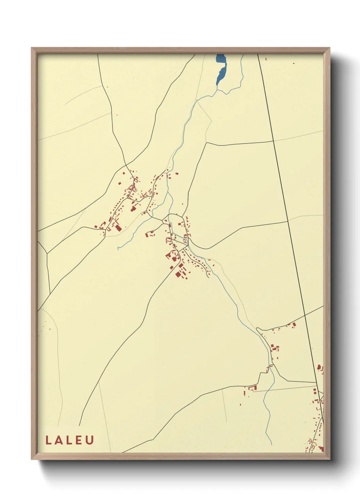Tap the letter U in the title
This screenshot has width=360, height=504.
tap(90, 440)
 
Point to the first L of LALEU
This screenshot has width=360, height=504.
tap(48, 440)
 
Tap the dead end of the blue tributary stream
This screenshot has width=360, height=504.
tap(118, 249)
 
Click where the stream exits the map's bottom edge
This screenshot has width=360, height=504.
tap(272, 444)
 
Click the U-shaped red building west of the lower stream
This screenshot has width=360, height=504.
tap(252, 388)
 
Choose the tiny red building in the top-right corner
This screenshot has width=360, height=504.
tap(294, 63)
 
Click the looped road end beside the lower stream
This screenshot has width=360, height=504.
tap(259, 329)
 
